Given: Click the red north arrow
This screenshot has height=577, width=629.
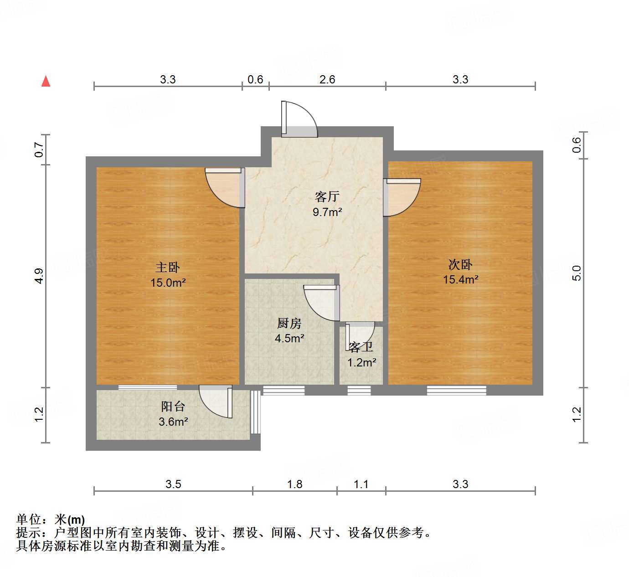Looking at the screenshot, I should pos(46,81).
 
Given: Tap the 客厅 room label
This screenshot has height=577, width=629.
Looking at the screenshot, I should pos(327,196).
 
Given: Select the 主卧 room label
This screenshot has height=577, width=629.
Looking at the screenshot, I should pos(168,267).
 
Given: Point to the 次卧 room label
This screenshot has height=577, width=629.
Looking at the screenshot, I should pos(460,264).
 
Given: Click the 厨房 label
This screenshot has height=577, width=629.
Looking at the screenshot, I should pos(289,324).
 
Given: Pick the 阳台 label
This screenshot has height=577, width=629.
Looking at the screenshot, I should pos(173,407).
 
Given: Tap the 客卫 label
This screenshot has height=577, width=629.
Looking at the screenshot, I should pos(361,347).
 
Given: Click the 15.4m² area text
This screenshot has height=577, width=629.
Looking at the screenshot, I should pos(460,279).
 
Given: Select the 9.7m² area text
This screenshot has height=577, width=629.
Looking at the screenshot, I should pos(327,212).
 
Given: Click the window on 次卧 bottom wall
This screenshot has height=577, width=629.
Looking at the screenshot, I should pos(456,390).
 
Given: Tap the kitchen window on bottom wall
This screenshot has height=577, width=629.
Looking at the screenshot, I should pos(284,390).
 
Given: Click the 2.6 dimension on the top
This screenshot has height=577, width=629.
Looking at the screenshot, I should pos(327,79).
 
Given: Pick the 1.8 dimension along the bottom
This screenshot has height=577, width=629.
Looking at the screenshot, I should pos(294,484).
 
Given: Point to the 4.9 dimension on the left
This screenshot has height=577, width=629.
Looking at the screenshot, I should pos(39,276).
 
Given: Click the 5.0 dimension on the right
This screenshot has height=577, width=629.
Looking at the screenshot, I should pos(577,273).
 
